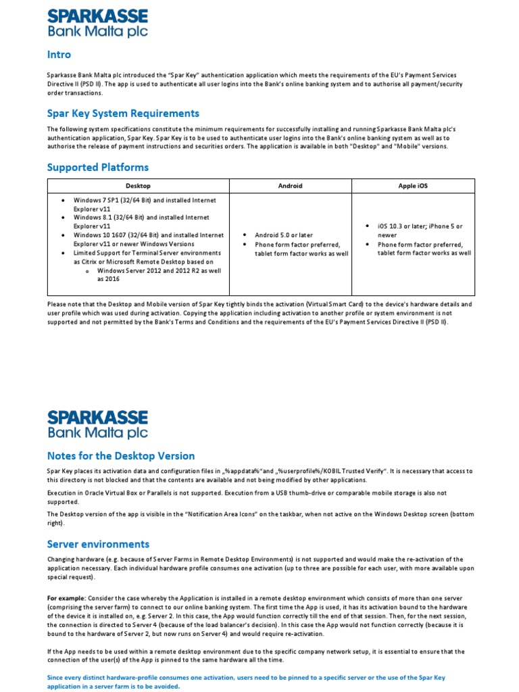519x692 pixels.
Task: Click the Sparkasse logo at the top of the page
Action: [97, 23]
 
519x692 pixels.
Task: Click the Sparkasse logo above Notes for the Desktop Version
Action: [97, 424]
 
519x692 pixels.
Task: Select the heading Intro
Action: [59, 55]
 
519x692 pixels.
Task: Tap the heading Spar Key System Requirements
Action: [123, 113]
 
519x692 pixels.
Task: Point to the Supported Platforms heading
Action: [97, 167]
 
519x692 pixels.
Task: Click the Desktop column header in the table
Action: [138, 186]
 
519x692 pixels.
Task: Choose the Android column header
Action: [290, 186]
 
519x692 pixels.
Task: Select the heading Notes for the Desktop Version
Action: [121, 455]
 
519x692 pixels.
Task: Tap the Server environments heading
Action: [98, 544]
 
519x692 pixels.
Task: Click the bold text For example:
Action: [66, 599]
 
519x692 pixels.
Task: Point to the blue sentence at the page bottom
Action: [246, 681]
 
